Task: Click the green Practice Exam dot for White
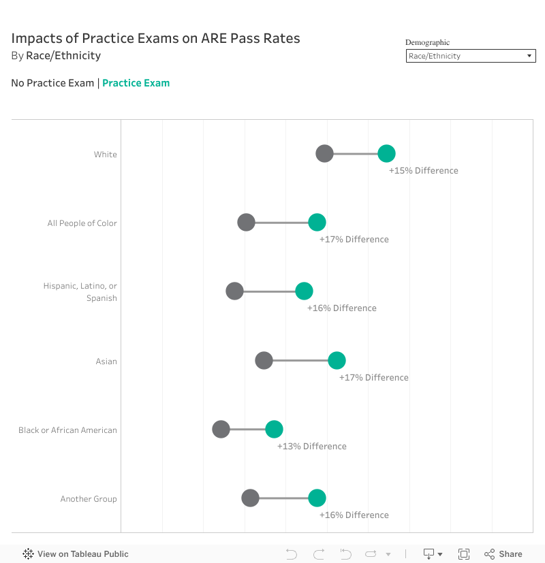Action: point(386,154)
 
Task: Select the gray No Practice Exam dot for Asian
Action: point(264,361)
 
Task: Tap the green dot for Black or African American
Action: point(274,429)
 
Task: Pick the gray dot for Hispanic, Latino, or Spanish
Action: point(234,291)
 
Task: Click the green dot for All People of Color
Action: point(317,222)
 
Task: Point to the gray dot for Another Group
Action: point(250,498)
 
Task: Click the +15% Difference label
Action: point(423,171)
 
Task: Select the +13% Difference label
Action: point(311,447)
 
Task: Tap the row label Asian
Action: point(106,361)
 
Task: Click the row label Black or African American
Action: point(67,430)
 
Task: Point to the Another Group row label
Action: point(89,499)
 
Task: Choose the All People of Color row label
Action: point(82,223)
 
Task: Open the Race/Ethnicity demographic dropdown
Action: point(471,56)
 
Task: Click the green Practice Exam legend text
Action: point(136,83)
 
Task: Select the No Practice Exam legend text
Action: point(52,83)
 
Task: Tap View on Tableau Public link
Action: point(76,554)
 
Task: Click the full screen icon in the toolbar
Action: point(464,554)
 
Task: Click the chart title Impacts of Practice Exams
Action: point(155,38)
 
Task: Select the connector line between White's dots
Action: point(355,154)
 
